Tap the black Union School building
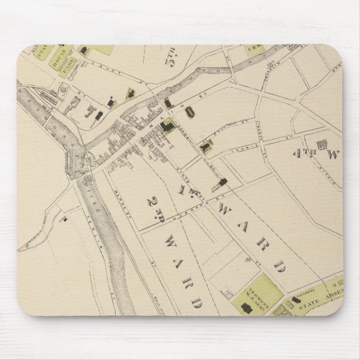pyautogui.click(x=223, y=182)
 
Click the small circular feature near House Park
pyautogui.click(x=63, y=89)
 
